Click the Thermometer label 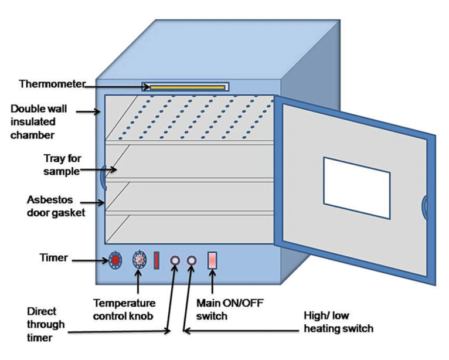(52, 84)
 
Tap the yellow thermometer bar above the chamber (188, 87)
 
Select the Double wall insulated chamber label (39, 122)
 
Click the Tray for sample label (62, 165)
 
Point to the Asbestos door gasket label (56, 206)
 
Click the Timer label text (53, 257)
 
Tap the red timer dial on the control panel (115, 260)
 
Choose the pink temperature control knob (140, 260)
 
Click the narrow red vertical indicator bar (157, 260)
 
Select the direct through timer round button (175, 261)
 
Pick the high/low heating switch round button (192, 261)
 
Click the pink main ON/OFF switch (212, 260)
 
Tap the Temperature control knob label (124, 310)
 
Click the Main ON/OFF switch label (230, 310)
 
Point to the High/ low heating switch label (338, 322)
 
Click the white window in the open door (357, 188)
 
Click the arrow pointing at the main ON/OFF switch (212, 281)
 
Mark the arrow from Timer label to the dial (90, 260)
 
